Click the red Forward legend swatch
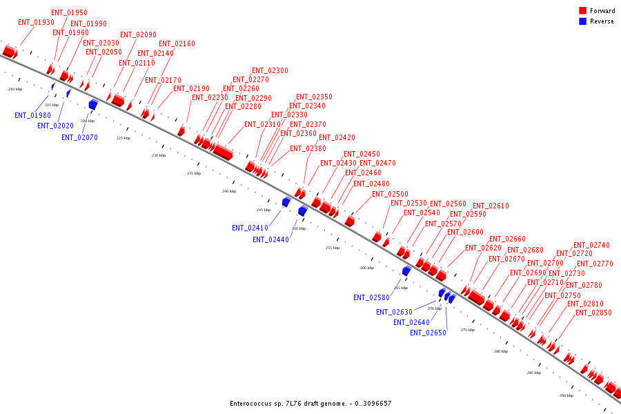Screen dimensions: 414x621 point(583,11)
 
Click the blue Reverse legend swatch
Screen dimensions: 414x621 point(583,21)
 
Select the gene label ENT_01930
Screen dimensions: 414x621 point(36,23)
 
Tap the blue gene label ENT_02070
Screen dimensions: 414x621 point(79,137)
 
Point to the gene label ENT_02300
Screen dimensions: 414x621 point(270,70)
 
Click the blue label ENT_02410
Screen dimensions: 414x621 point(250,228)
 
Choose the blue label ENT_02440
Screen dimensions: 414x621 point(270,239)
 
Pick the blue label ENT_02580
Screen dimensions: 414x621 point(371,298)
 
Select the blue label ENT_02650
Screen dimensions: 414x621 point(428,333)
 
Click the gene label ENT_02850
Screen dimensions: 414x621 point(593,313)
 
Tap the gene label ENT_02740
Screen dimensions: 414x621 point(591,246)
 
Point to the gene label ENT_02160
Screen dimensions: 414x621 point(177,44)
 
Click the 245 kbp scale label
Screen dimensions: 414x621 point(264,210)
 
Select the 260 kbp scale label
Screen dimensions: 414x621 point(367,268)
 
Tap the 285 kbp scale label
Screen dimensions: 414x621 point(534,373)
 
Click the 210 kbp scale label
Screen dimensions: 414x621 point(15,89)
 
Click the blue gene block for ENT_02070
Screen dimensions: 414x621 point(93,104)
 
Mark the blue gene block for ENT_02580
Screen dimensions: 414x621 point(406,271)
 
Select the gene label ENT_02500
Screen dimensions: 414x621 point(390,194)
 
